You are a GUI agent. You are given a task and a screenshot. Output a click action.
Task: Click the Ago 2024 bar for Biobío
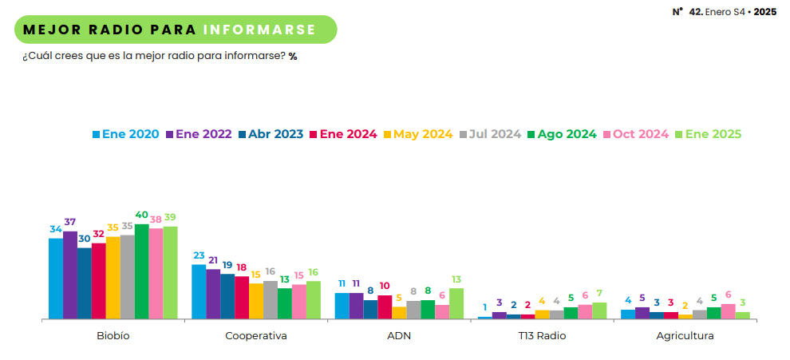click(x=141, y=271)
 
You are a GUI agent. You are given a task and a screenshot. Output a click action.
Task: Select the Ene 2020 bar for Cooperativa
click(x=199, y=291)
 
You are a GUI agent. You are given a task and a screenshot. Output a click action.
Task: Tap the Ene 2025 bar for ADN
click(x=456, y=303)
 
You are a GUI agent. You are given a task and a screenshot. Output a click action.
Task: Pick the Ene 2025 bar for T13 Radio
click(x=598, y=311)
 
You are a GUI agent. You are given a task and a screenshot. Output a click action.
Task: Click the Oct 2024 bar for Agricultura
click(x=728, y=311)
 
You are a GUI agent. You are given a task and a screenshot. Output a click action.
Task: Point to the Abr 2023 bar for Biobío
click(x=84, y=283)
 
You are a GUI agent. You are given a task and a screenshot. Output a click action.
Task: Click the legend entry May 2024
click(x=418, y=134)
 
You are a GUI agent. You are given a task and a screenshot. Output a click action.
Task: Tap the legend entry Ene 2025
click(x=708, y=134)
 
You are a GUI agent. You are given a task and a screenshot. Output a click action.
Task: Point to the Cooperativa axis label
click(x=255, y=336)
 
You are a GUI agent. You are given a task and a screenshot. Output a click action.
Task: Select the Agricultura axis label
click(x=685, y=336)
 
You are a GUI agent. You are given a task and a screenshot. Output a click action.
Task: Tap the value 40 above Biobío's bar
click(x=141, y=215)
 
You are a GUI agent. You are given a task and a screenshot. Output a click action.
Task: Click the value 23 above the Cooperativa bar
click(x=199, y=255)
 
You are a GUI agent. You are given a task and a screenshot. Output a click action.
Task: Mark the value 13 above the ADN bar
click(x=456, y=279)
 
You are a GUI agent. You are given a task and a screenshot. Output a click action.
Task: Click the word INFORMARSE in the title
click(x=259, y=30)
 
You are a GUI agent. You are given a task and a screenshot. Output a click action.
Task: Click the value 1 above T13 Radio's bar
click(x=484, y=307)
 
